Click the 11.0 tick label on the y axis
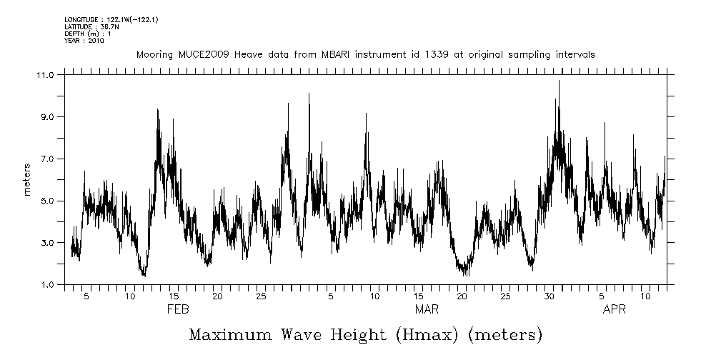45,74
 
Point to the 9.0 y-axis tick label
46,116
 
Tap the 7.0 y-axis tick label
46,159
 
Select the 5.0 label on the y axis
46,201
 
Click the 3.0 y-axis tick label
46,243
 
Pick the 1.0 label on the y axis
46,285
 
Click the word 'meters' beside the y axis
28,180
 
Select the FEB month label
178,310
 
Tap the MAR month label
427,310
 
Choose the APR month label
615,310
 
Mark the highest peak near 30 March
559,81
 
